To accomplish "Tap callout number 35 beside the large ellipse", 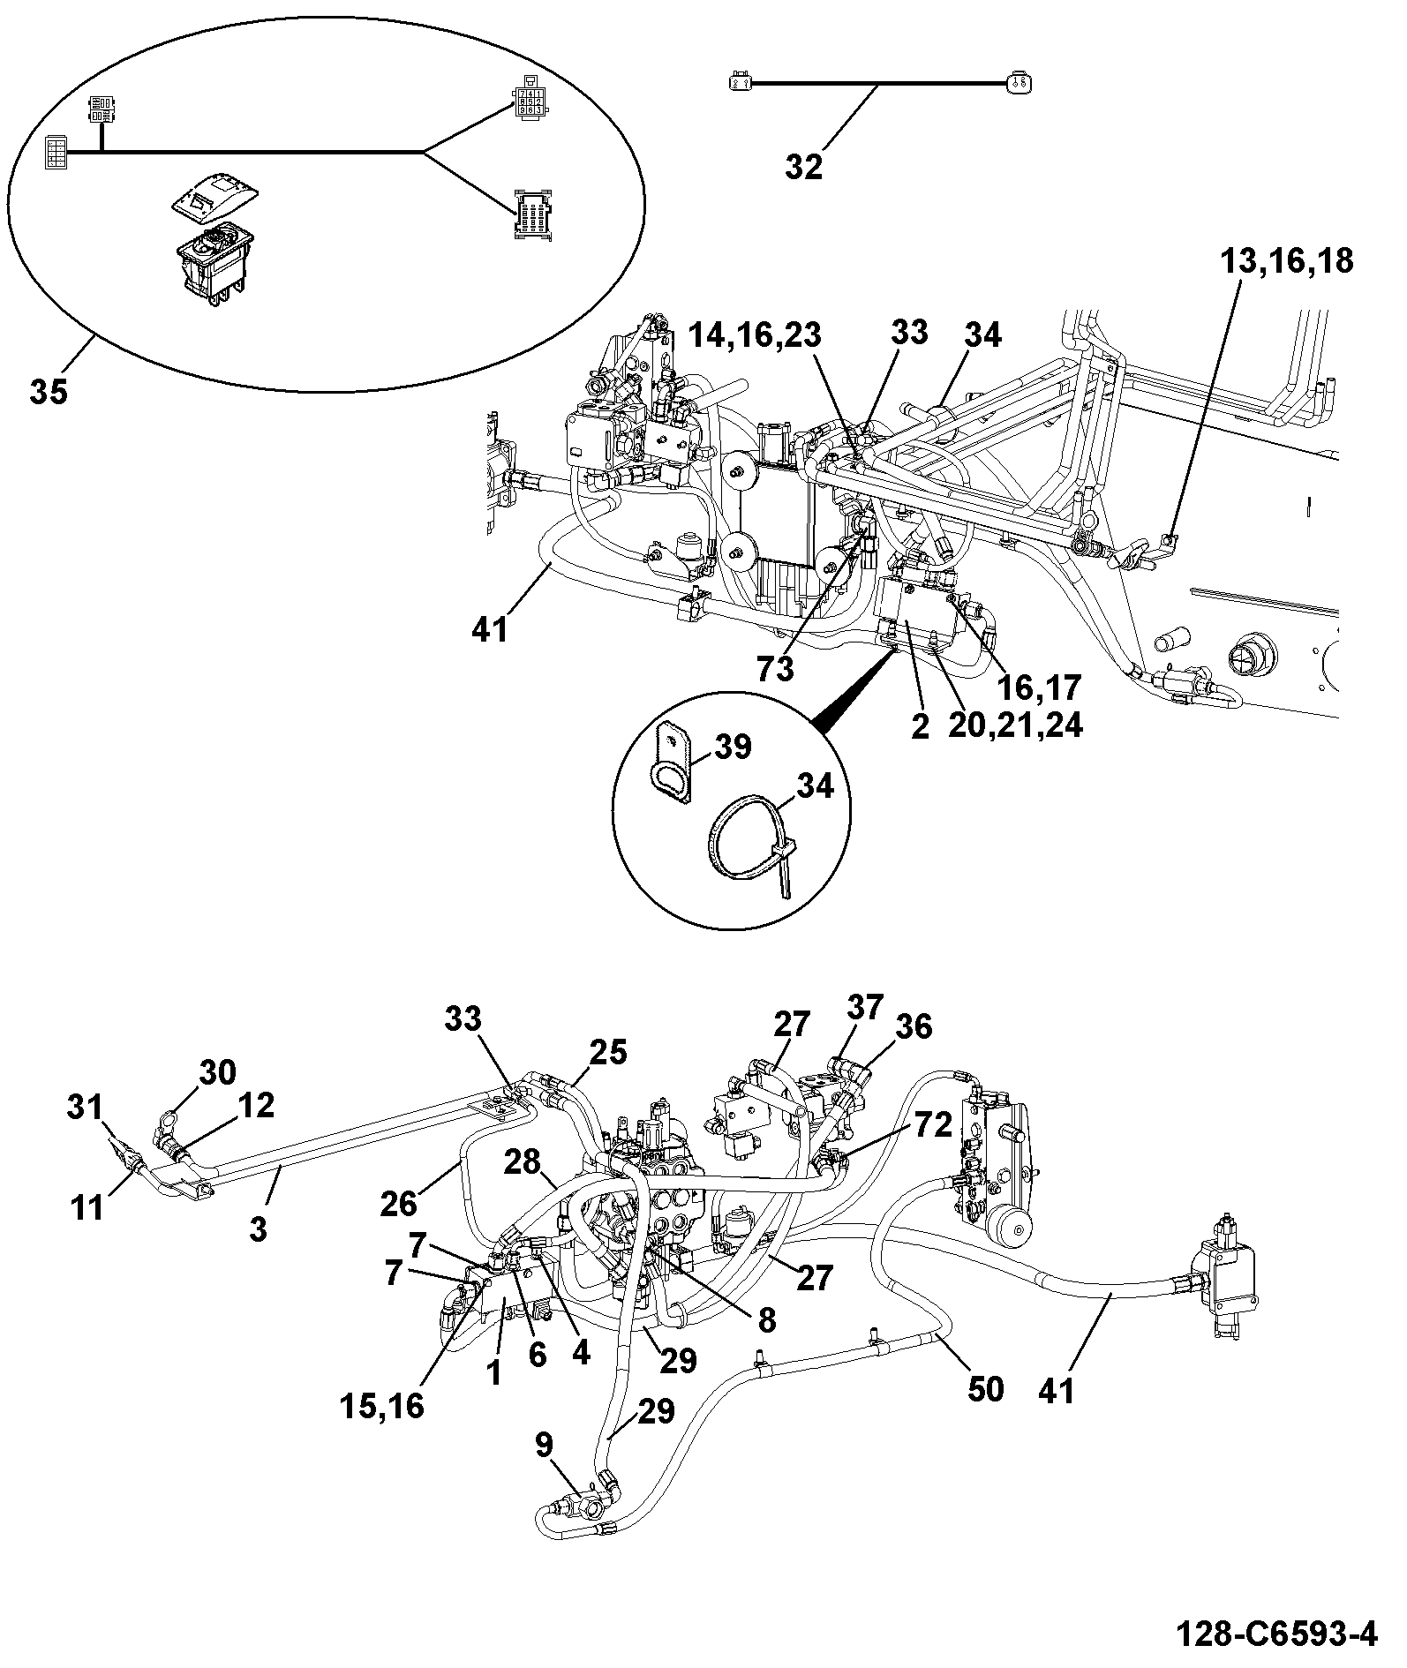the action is point(49,390).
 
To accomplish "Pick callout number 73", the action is point(775,669).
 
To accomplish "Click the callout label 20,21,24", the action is point(1015,725).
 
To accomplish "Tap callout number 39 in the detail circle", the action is point(732,747).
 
